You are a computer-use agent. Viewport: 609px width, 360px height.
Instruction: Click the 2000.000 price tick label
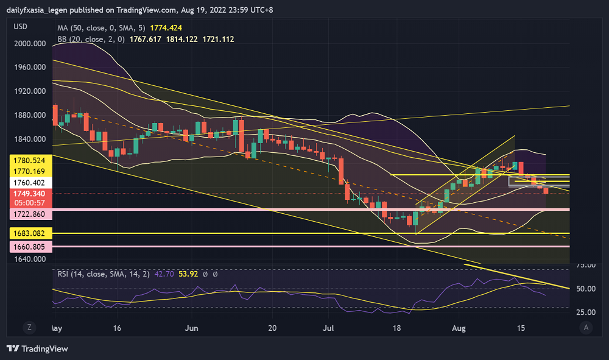tap(30, 43)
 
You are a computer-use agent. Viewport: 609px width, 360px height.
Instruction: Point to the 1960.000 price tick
tap(30, 67)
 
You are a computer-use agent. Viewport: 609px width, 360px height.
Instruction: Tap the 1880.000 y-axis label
tap(30, 115)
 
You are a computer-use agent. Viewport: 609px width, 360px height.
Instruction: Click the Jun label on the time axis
tap(192, 328)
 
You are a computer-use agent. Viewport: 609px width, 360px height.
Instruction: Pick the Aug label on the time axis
tap(459, 328)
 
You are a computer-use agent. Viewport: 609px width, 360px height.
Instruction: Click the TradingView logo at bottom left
tap(38, 348)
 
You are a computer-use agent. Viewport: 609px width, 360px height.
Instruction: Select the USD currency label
tap(21, 27)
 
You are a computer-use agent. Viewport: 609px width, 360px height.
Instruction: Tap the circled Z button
tap(29, 328)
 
